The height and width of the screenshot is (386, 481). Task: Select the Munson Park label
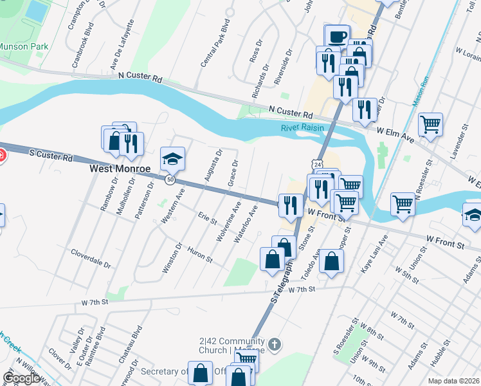[23, 46]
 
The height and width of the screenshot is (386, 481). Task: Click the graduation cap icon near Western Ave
[172, 158]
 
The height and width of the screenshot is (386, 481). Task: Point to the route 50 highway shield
[170, 180]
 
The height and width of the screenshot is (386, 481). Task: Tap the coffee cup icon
[337, 36]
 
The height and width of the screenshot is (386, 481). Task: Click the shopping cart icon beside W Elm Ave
[430, 124]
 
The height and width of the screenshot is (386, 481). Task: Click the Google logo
[22, 378]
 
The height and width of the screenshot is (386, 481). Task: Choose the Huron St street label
[199, 254]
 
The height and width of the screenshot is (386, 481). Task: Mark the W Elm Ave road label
[397, 131]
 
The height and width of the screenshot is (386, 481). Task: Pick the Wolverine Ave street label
[229, 221]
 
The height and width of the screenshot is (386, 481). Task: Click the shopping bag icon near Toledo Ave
[331, 261]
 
